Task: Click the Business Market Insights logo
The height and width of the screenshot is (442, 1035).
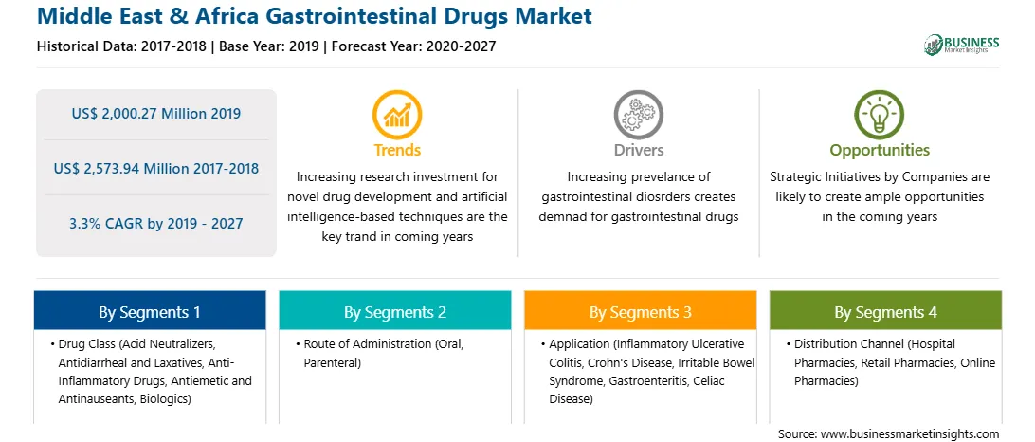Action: coord(962,44)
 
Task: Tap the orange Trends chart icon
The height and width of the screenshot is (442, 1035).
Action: coord(397,115)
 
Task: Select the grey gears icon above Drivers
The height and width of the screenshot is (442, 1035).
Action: coord(638,115)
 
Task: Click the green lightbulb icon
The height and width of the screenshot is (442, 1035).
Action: coord(880,115)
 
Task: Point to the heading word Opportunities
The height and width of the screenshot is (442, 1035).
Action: coord(880,151)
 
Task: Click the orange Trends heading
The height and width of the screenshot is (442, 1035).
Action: coord(397,150)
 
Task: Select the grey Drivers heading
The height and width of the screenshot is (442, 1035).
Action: coord(638,150)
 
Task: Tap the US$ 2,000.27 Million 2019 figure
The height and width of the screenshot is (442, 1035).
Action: coord(155,114)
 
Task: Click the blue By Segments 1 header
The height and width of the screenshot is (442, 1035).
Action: coord(149,311)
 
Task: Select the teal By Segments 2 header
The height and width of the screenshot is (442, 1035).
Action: coord(394,311)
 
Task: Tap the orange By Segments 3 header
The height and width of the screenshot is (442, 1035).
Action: coord(641,311)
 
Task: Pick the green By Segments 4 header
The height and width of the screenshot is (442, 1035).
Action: coord(885,311)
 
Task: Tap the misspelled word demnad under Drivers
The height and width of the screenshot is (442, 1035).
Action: coord(561,216)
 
